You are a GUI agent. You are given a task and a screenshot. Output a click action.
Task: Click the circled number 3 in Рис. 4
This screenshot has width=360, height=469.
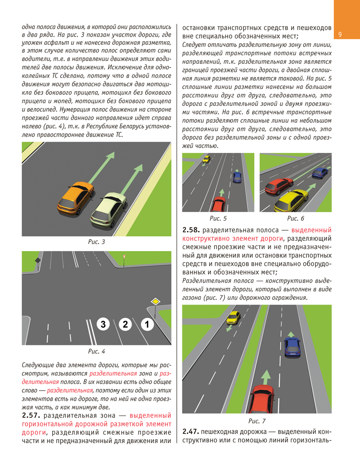coord(104,325)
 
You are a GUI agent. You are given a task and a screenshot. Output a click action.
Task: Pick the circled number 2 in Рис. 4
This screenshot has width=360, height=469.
coord(125,325)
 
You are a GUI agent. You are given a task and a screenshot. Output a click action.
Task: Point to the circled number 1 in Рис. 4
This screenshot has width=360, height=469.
coord(147,325)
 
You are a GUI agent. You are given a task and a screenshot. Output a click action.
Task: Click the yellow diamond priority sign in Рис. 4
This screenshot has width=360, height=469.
coord(156,301)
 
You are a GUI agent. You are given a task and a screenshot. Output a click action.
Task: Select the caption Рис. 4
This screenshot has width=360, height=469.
coord(97,351)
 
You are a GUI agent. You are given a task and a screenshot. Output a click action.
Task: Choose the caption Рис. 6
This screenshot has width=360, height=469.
coord(296,218)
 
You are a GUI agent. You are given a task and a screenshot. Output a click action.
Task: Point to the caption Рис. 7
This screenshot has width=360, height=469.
coord(257,420)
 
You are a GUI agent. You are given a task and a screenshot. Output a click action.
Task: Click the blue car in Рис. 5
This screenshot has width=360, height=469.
coord(237,176)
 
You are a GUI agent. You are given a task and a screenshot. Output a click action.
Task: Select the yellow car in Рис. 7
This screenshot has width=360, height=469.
coord(234,318)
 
